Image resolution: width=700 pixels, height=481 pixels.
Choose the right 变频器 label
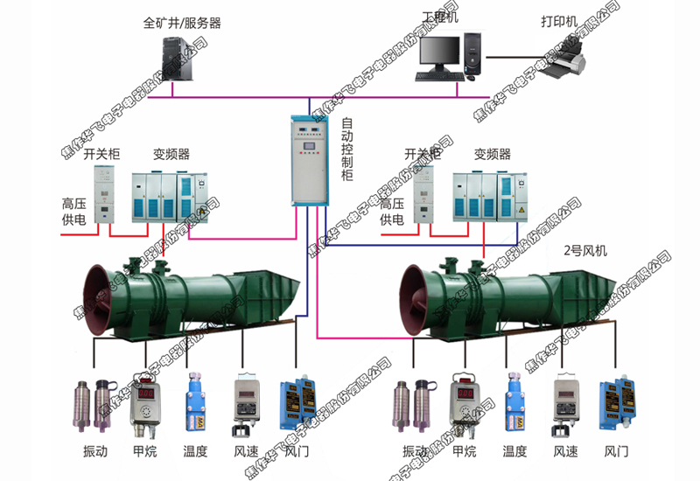click(x=492, y=155)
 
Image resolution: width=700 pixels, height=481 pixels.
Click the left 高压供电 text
click(x=73, y=212)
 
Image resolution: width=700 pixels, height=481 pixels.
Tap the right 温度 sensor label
click(x=514, y=452)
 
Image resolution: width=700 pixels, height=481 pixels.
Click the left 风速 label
click(x=246, y=452)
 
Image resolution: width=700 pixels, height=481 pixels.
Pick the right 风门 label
click(x=617, y=452)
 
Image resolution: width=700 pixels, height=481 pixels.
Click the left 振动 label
click(x=94, y=452)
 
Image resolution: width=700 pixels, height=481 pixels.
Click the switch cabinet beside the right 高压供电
click(x=424, y=195)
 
